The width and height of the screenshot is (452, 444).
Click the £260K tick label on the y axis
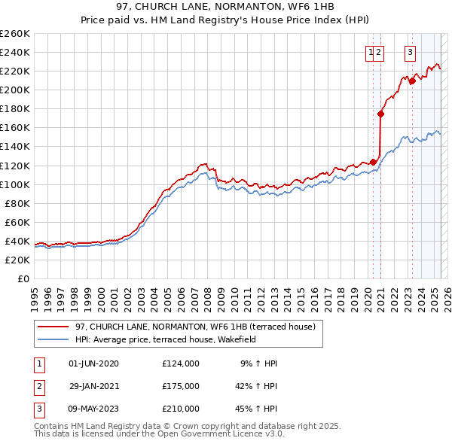pos(15,33)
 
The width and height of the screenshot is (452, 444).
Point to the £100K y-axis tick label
pos(15,184)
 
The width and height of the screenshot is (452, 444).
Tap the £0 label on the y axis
pos(24,278)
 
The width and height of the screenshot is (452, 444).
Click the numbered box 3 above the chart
pos(411,53)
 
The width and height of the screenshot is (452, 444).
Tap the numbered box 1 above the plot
pos(371,53)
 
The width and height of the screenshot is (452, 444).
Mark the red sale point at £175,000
pos(381,114)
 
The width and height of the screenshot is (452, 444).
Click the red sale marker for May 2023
pos(412,81)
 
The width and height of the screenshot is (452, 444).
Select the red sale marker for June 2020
pos(373,162)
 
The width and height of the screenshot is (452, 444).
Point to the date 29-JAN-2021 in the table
pos(93,386)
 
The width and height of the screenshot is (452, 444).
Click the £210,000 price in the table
pos(181,409)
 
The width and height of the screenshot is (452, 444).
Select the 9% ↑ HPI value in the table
pos(258,363)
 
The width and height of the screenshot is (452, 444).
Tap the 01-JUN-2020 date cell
pos(93,363)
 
